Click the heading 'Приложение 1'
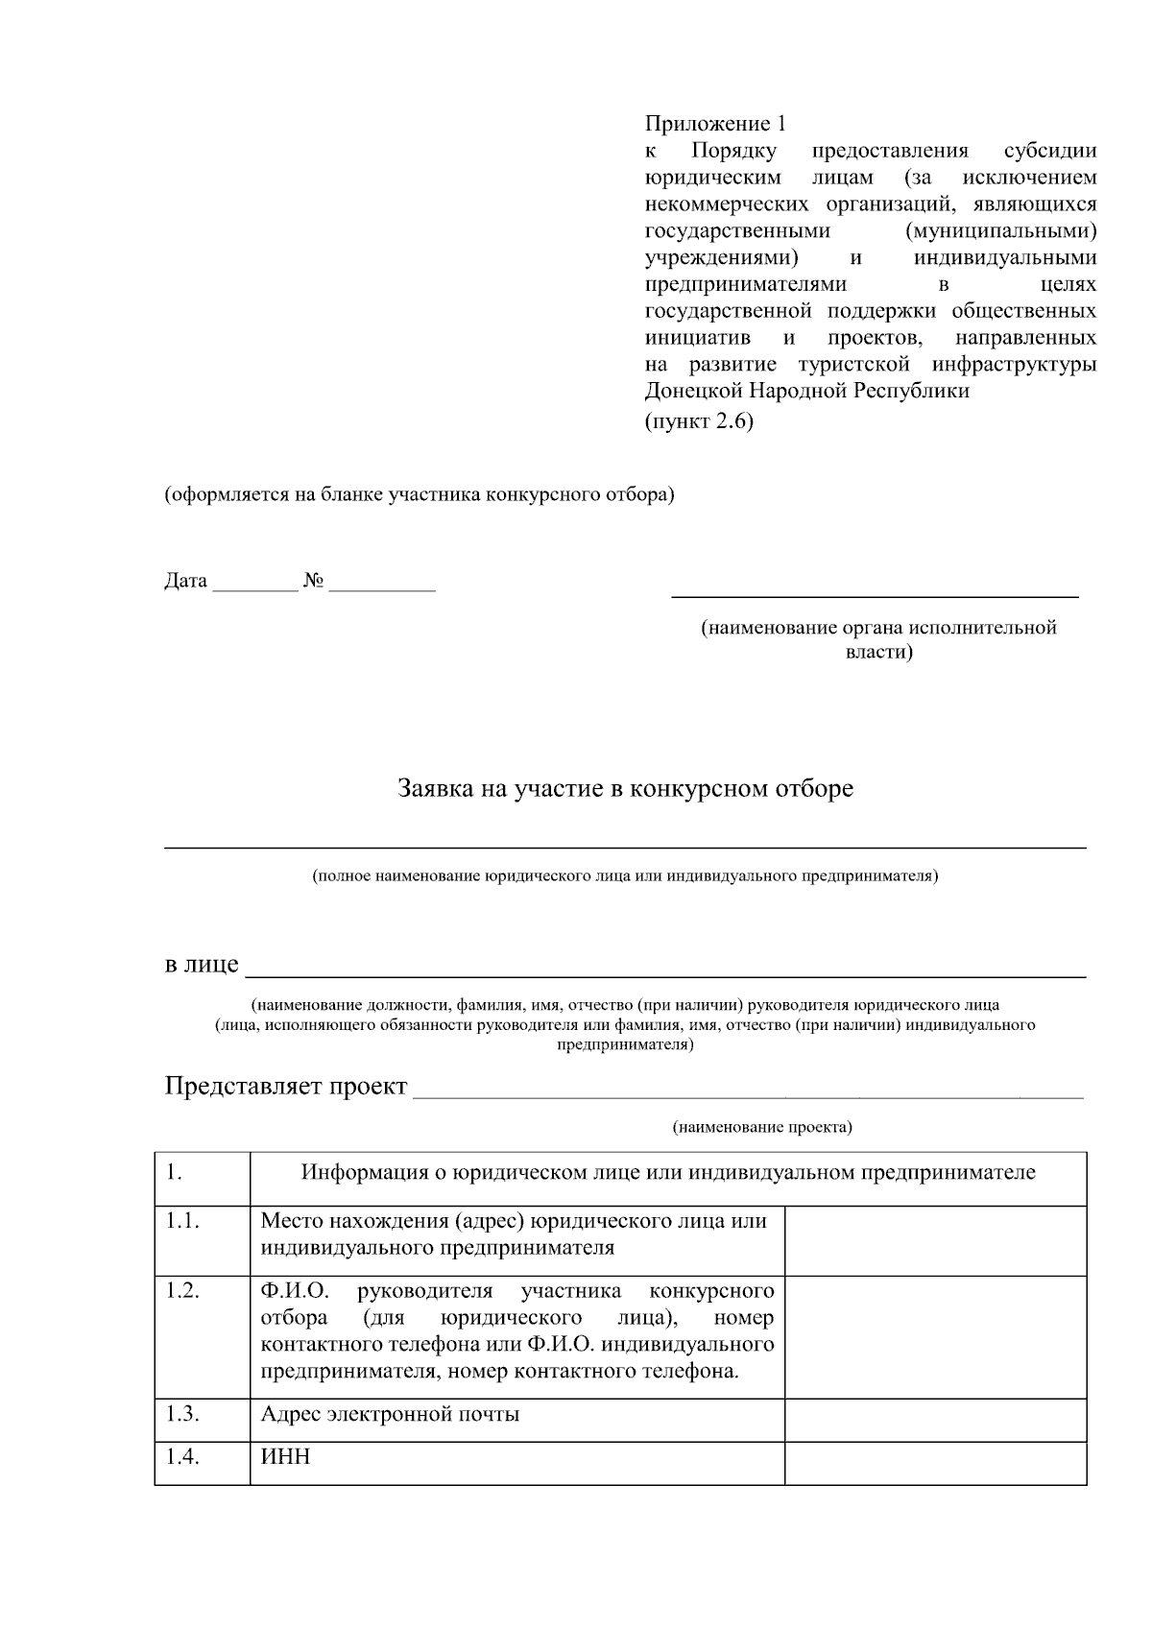(715, 124)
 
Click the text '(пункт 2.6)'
(699, 421)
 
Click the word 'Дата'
(185, 581)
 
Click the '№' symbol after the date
(314, 581)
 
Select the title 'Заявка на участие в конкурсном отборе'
(625, 789)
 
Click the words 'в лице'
(202, 964)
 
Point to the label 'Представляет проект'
(286, 1086)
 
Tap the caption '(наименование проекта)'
(761, 1127)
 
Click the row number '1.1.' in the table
(182, 1221)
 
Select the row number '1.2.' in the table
(182, 1290)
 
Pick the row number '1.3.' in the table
(182, 1414)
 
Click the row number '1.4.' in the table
(182, 1457)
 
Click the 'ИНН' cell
(286, 1457)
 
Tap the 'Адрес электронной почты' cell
(390, 1414)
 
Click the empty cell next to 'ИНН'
(935, 1463)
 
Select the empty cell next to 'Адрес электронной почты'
(935, 1420)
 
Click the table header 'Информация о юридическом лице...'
(668, 1172)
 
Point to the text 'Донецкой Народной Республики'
(806, 391)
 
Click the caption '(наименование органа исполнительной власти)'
(877, 639)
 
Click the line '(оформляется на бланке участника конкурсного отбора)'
(419, 495)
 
